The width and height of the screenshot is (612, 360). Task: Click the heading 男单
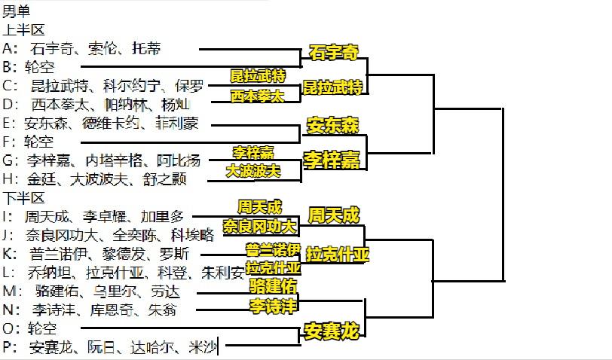pyautogui.click(x=16, y=11)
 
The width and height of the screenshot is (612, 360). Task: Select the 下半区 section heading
pyautogui.click(x=23, y=198)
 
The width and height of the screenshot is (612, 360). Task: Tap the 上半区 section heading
pyautogui.click(x=23, y=29)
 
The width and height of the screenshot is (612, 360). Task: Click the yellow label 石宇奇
pyautogui.click(x=334, y=52)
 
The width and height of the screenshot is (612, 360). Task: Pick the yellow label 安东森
pyautogui.click(x=332, y=126)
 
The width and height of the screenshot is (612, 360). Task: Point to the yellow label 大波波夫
pyautogui.click(x=253, y=170)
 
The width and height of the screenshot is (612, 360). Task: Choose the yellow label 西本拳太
pyautogui.click(x=257, y=96)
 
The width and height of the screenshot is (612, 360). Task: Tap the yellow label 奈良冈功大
pyautogui.click(x=259, y=226)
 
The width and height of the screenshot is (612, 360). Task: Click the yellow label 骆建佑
pyautogui.click(x=273, y=286)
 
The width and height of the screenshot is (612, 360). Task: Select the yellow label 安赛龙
pyautogui.click(x=332, y=331)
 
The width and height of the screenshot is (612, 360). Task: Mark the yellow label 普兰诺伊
pyautogui.click(x=273, y=249)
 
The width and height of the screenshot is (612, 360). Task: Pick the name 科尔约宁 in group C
pyautogui.click(x=132, y=86)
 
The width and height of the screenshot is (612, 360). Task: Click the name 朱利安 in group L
pyautogui.click(x=223, y=273)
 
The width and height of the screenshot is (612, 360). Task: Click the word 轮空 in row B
pyautogui.click(x=39, y=67)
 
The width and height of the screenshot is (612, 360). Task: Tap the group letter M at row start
pyautogui.click(x=9, y=291)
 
